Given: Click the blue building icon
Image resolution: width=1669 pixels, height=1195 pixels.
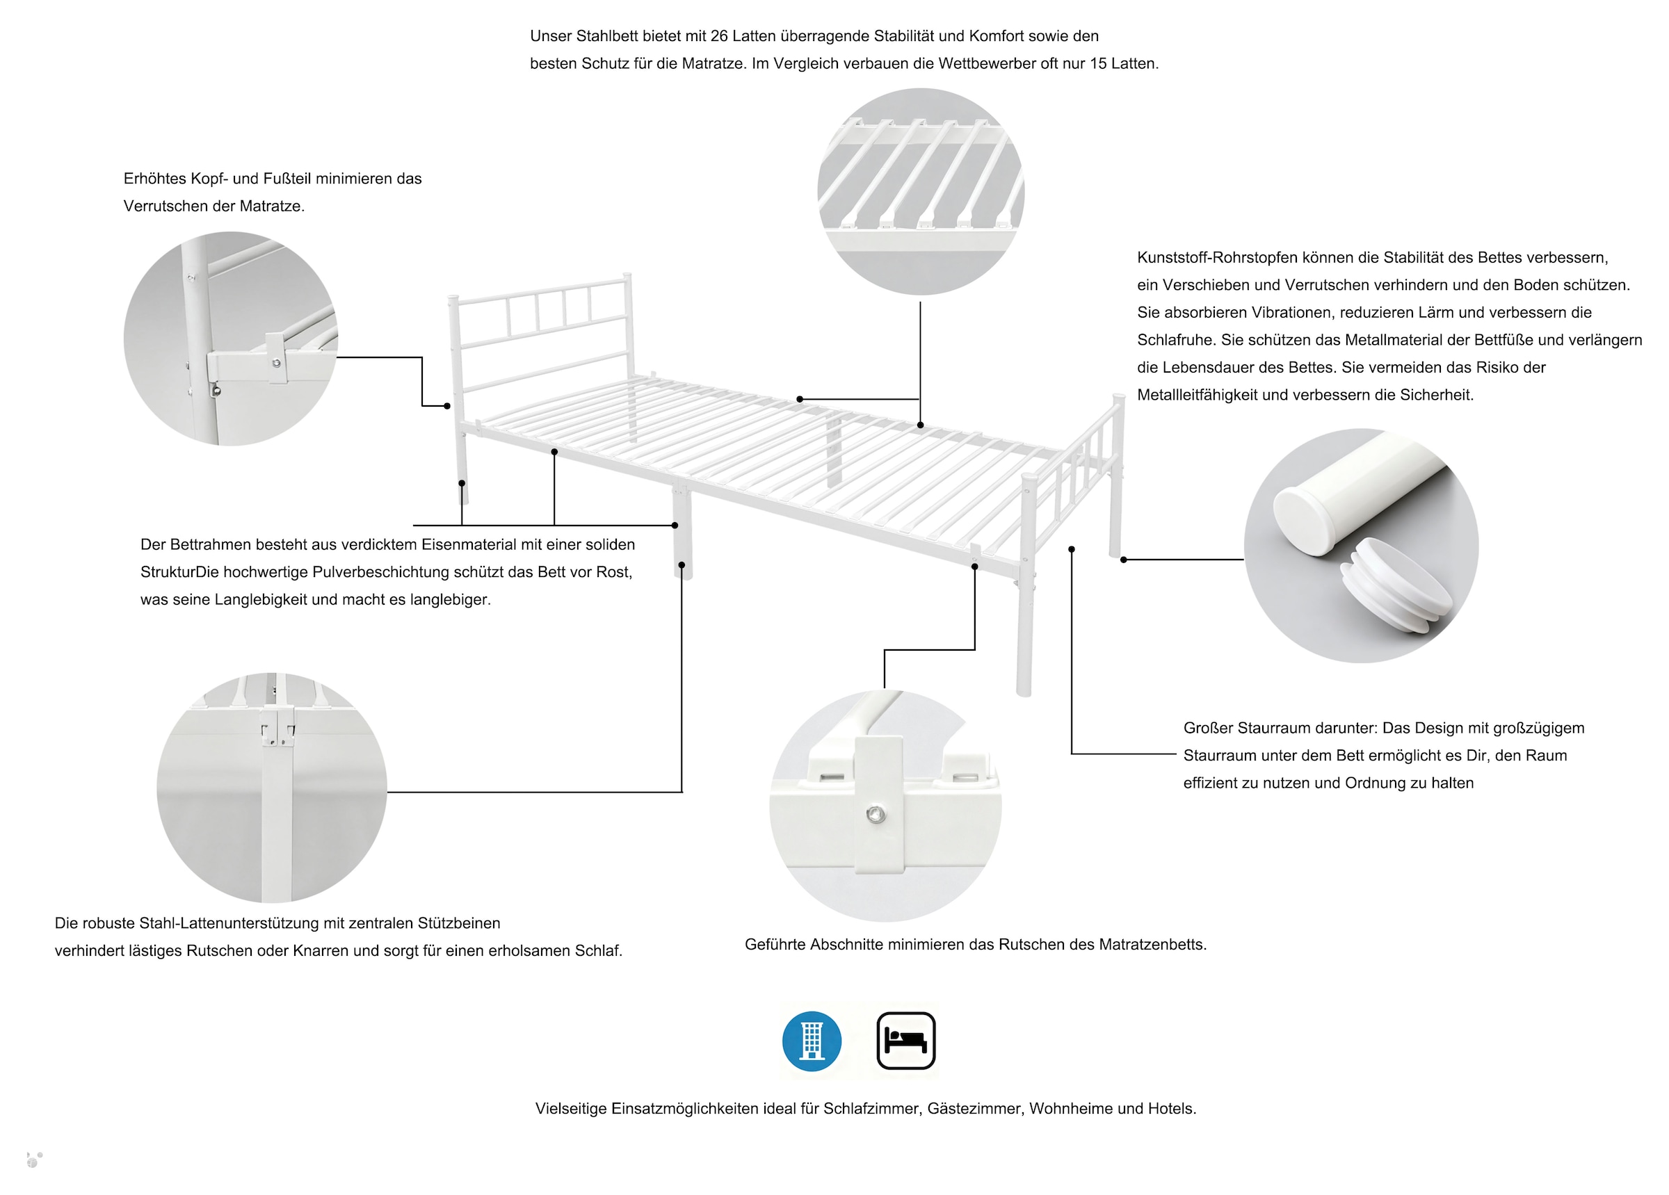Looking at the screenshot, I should pyautogui.click(x=811, y=1041).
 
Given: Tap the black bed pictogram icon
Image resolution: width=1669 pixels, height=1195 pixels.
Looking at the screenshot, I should pyautogui.click(x=905, y=1040).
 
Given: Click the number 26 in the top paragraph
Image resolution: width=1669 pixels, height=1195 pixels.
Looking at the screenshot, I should pyautogui.click(x=719, y=36).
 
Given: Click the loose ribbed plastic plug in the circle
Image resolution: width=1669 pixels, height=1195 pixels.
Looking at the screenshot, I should pyautogui.click(x=1395, y=585).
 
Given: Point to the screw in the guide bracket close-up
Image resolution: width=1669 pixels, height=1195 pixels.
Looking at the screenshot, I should pyautogui.click(x=876, y=814).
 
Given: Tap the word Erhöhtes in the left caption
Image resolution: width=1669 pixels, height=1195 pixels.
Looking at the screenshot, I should pyautogui.click(x=154, y=179).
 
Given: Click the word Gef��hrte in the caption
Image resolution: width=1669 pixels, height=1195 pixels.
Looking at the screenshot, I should pyautogui.click(x=775, y=944).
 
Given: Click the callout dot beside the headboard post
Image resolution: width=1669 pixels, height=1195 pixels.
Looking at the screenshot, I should pyautogui.click(x=446, y=406).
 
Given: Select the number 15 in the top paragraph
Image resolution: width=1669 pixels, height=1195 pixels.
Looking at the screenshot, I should pyautogui.click(x=1097, y=64).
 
